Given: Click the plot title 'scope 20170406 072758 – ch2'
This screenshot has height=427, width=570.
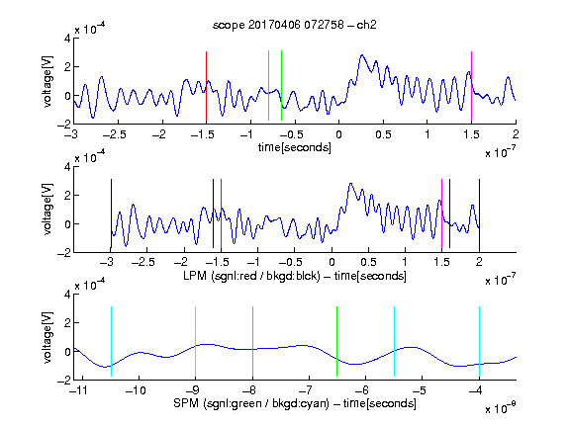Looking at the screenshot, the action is click(295, 25).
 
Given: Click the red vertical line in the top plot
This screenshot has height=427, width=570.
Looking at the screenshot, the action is click(206, 86).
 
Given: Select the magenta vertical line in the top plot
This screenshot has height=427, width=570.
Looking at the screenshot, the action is click(471, 86).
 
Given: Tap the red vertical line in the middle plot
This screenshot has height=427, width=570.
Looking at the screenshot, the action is click(221, 213).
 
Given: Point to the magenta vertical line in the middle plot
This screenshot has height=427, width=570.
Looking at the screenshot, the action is click(441, 213).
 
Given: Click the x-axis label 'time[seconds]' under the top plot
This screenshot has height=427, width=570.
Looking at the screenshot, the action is click(295, 147).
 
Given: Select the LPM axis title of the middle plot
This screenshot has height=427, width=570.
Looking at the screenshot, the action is click(295, 276).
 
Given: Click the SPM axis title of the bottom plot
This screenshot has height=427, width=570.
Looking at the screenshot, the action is click(295, 403).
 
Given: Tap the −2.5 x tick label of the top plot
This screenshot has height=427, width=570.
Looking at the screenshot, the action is click(115, 134).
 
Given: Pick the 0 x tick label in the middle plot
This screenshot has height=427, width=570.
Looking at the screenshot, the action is click(332, 262).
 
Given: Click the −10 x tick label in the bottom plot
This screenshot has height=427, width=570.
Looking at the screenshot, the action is click(136, 390).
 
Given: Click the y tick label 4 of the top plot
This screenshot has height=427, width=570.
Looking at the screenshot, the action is click(67, 38).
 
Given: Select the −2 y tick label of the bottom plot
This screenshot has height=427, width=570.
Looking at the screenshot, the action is click(64, 381).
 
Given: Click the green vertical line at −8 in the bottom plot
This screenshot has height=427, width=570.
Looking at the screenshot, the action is click(252, 341).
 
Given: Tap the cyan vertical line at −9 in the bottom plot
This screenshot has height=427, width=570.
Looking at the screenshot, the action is click(195, 341).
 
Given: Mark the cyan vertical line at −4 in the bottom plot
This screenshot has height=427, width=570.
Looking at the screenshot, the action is click(479, 341).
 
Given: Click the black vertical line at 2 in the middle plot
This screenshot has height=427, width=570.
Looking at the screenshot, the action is click(479, 213).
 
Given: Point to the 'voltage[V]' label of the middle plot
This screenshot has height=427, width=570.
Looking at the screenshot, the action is click(47, 210).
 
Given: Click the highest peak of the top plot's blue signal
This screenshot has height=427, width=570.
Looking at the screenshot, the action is click(362, 55).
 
